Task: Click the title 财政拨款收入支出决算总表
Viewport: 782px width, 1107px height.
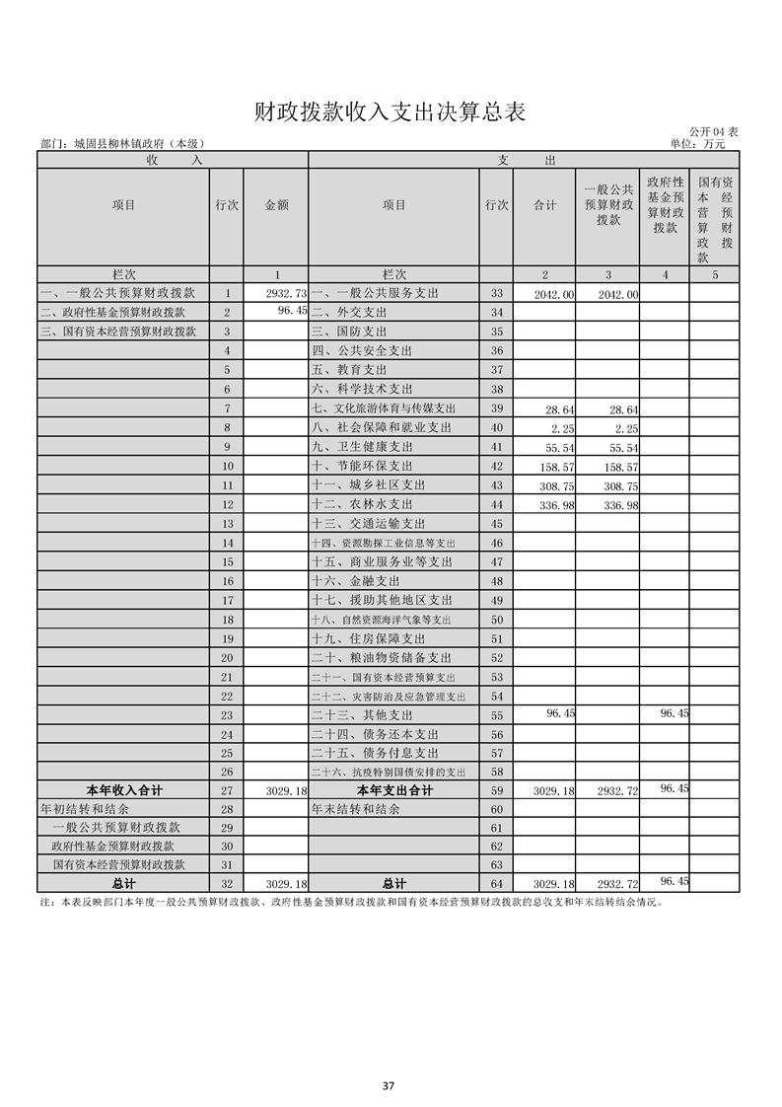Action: [390, 111]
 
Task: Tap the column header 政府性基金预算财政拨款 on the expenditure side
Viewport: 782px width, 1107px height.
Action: [665, 205]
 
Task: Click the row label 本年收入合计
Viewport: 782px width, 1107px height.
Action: [124, 790]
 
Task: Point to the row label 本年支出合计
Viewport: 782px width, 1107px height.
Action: [393, 790]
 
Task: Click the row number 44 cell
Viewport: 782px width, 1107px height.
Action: [496, 504]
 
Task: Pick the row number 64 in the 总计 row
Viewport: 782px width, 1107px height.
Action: [496, 883]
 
